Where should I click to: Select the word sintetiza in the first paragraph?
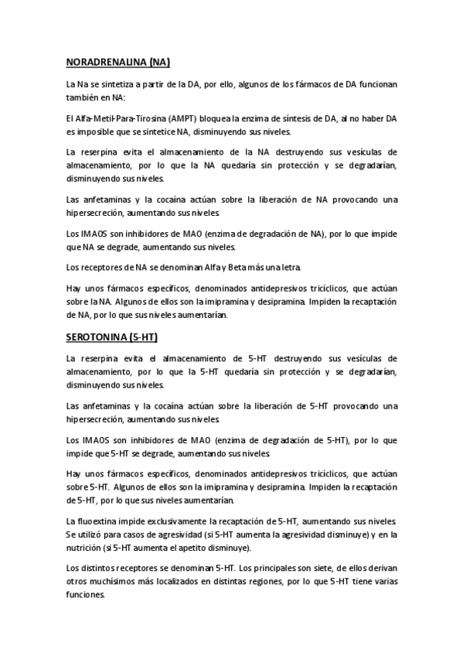pyautogui.click(x=116, y=84)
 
